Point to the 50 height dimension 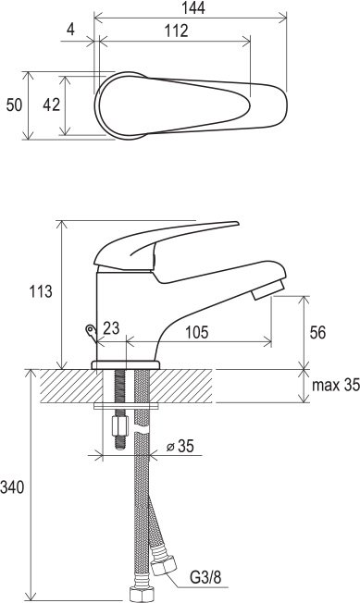tap(14, 105)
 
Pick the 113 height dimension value tap(39, 291)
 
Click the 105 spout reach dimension tap(197, 332)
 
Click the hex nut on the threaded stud tap(119, 428)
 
